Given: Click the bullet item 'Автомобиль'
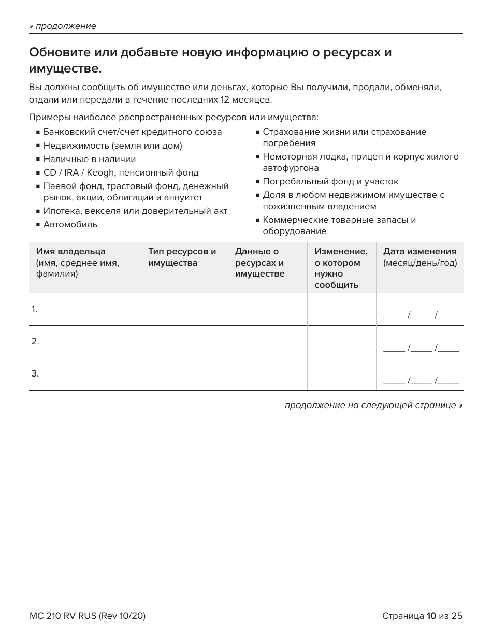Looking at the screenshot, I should (70, 225).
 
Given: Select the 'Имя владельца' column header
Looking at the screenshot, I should (70, 252).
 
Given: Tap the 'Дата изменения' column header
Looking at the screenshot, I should (419, 252).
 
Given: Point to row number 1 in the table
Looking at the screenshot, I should (34, 309).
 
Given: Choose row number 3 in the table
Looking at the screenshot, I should (35, 373).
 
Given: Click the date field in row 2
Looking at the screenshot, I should (421, 348).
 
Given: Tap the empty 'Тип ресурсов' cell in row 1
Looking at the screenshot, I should (184, 309).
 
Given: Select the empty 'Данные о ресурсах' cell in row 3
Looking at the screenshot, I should (267, 374).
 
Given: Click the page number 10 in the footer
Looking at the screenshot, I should (431, 616).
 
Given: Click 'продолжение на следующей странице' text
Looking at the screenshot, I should (373, 405).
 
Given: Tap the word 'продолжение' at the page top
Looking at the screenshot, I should (66, 26).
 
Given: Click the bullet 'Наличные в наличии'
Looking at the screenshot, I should (89, 160).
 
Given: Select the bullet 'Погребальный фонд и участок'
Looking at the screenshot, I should (330, 182).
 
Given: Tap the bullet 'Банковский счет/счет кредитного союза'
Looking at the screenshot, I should (132, 132).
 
